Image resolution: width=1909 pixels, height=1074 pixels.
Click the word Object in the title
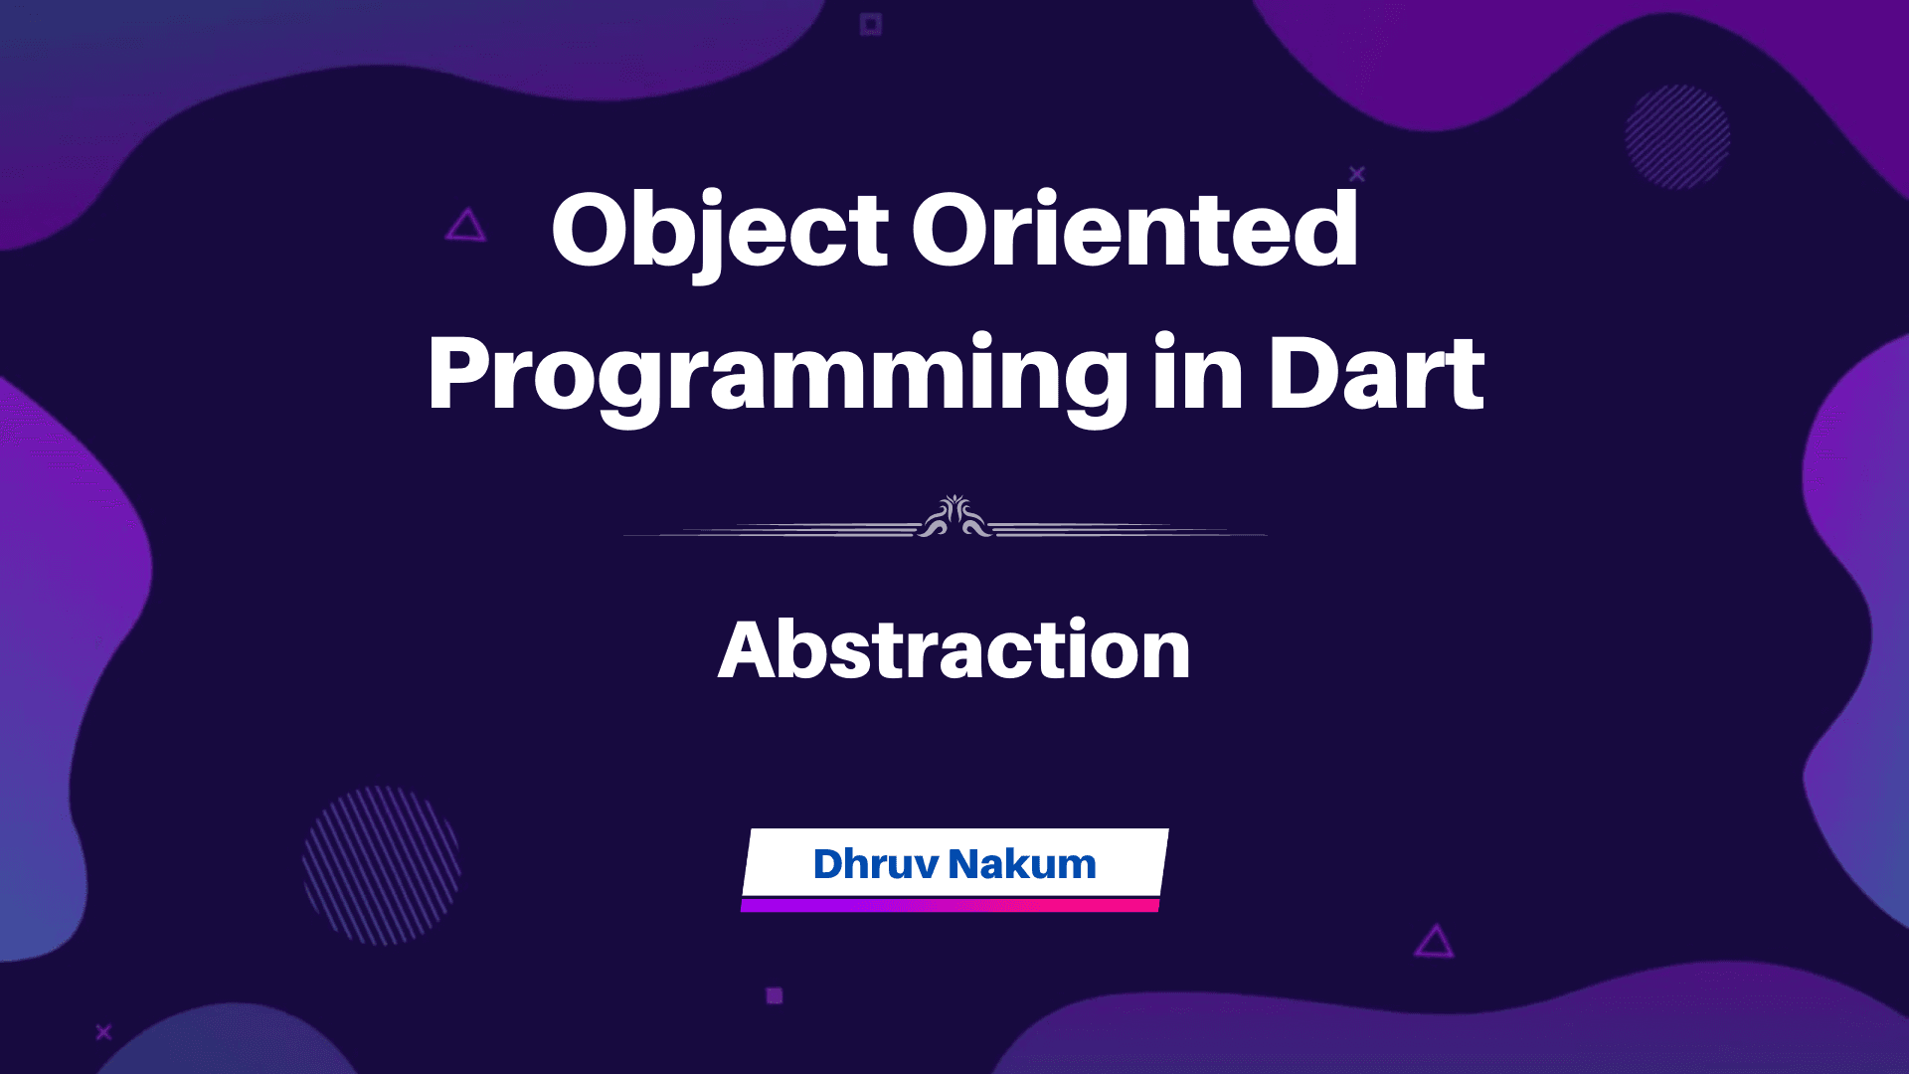pos(719,231)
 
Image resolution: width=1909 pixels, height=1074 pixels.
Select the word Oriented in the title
pos(1134,231)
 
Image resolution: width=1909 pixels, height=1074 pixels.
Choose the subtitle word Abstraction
pos(954,650)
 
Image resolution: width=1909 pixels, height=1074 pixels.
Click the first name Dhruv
pos(875,864)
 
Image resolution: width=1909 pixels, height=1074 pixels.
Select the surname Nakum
pos(1022,864)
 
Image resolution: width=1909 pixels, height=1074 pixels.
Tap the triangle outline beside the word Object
pos(465,227)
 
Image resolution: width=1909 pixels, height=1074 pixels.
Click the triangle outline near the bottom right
pos(1434,942)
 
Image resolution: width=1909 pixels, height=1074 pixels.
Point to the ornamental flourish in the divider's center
pos(954,518)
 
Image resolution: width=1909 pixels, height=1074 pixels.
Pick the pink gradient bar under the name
pos(950,905)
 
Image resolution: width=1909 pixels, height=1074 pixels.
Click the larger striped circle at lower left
pos(381,865)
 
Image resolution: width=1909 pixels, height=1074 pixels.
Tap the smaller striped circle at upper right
pos(1677,136)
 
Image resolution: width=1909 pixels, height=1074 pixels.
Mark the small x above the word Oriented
pos(1356,174)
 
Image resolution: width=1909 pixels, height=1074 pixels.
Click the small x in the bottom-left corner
pos(103,1032)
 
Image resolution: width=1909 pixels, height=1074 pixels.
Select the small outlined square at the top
pos(871,24)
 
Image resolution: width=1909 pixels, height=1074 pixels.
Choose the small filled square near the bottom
pos(775,995)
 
